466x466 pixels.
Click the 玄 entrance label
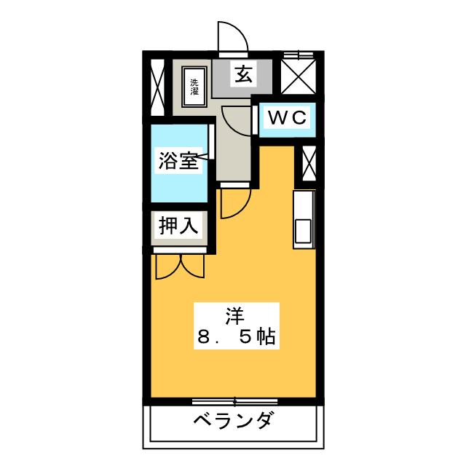click(x=244, y=75)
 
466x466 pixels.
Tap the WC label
click(x=287, y=117)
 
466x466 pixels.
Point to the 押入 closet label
click(x=178, y=226)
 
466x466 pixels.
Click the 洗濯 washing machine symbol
click(x=194, y=87)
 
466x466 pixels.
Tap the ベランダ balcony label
click(x=233, y=420)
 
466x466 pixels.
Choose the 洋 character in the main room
click(x=234, y=316)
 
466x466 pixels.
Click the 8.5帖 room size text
click(x=236, y=336)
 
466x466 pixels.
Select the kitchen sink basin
click(x=303, y=231)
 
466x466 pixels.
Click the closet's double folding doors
click(x=180, y=266)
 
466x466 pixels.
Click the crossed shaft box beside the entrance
click(x=298, y=76)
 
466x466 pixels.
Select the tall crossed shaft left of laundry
click(x=157, y=87)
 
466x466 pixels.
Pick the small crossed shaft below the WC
click(x=309, y=163)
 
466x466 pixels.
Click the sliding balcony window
click(x=234, y=402)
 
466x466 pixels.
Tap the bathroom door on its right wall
click(x=212, y=142)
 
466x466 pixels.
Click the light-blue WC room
click(x=287, y=119)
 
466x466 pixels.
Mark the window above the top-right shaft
click(x=298, y=55)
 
